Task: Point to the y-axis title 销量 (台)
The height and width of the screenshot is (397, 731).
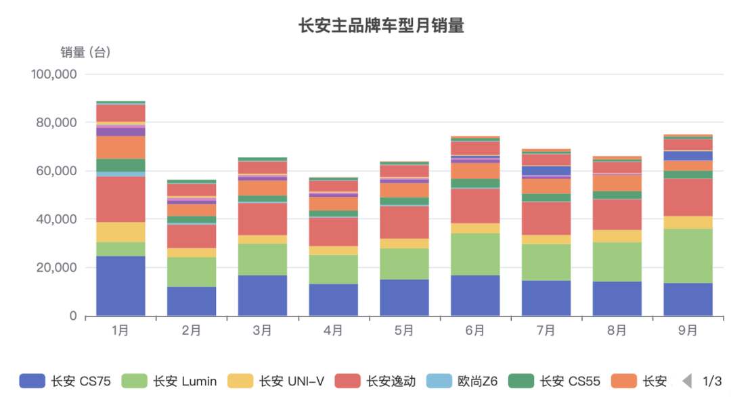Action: click(85, 52)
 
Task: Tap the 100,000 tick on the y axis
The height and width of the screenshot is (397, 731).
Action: click(55, 74)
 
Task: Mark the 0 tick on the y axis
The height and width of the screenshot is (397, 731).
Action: click(73, 317)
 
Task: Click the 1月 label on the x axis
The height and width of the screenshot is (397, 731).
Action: click(120, 331)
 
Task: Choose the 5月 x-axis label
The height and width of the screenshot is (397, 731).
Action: click(404, 331)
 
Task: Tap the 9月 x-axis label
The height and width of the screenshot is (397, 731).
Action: click(688, 331)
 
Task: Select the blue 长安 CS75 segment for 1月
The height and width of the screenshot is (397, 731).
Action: click(120, 286)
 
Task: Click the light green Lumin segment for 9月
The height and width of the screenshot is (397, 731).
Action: click(688, 256)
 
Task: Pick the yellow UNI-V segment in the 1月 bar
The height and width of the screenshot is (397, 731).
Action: click(120, 232)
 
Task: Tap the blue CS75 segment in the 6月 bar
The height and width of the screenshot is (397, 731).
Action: click(475, 296)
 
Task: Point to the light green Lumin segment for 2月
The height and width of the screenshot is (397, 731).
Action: click(192, 272)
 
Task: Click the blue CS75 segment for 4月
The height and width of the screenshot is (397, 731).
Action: click(333, 300)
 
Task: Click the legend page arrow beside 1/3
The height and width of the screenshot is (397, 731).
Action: click(687, 381)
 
